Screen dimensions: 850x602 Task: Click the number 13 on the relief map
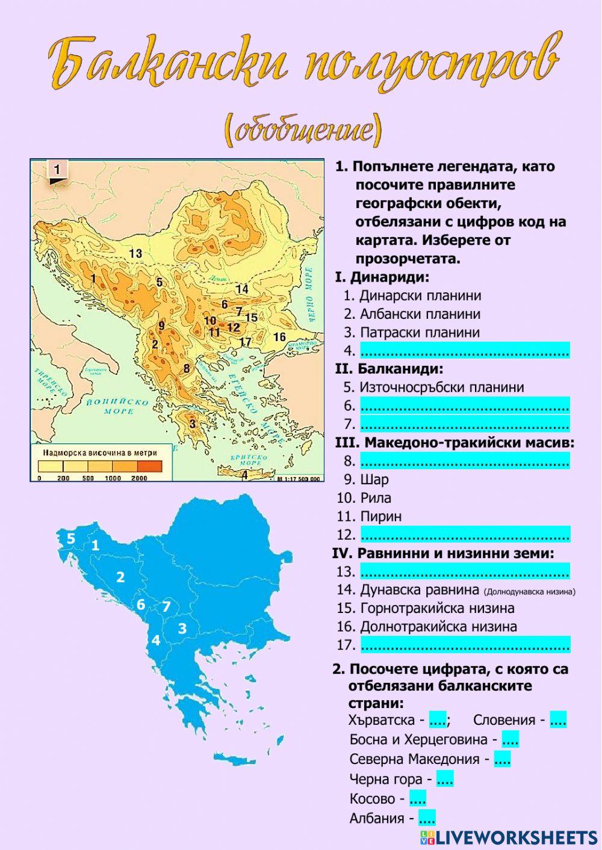click(135, 253)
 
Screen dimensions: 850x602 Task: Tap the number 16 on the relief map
click(279, 336)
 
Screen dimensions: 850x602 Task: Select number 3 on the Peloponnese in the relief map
click(192, 423)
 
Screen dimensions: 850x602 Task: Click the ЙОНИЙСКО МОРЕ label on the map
click(118, 407)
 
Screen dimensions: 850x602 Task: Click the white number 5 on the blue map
click(70, 538)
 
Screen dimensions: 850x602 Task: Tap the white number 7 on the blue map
click(166, 606)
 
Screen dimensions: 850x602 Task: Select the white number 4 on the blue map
click(155, 640)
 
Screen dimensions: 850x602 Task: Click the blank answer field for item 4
click(464, 350)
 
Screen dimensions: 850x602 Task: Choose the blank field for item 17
click(464, 644)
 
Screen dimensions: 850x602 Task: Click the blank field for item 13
click(464, 571)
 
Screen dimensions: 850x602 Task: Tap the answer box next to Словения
click(558, 719)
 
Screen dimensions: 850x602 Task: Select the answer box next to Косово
click(417, 799)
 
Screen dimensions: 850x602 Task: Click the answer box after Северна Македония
click(502, 759)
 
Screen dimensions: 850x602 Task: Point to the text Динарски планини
click(420, 295)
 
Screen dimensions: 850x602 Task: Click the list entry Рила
click(376, 497)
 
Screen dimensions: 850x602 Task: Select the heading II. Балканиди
click(389, 369)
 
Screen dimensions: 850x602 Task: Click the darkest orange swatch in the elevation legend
click(150, 466)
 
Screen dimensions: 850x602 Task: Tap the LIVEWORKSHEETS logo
click(509, 837)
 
